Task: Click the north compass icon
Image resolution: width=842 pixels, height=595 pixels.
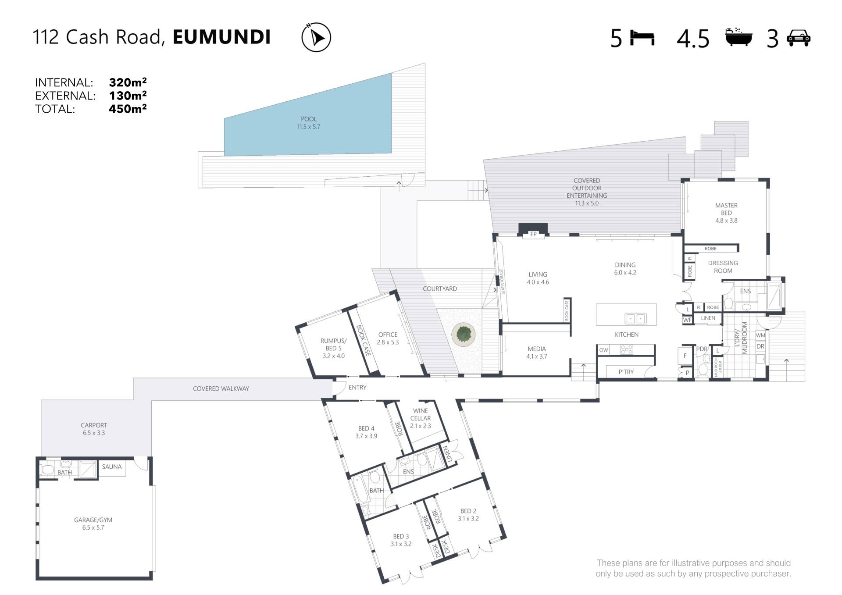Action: coord(316,37)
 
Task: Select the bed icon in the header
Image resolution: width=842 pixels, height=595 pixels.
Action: coord(642,38)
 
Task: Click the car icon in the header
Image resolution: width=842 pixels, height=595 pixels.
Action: coord(799,38)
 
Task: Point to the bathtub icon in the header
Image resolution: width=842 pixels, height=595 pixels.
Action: coord(739,37)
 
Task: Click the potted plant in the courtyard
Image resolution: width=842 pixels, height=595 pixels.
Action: coord(464,335)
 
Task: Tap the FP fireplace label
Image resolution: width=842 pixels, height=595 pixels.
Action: coord(533,234)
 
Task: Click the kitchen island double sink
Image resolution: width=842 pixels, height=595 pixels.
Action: coord(635,318)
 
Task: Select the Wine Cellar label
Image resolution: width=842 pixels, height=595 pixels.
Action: coord(421,418)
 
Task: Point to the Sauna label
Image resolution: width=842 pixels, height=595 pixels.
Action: coord(112,467)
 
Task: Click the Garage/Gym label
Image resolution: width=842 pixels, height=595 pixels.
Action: coord(93,524)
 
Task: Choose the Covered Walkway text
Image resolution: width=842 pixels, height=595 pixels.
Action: coord(221,388)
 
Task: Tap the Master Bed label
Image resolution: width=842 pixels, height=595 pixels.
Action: coord(726,213)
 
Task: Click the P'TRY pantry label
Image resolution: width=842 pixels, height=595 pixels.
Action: coord(626,372)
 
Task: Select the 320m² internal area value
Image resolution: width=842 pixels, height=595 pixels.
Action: coord(128,82)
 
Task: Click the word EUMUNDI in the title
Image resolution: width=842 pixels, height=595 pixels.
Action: coord(222,37)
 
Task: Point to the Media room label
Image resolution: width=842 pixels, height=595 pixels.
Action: coord(537,353)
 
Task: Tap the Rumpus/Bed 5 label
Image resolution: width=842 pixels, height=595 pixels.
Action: coord(333,348)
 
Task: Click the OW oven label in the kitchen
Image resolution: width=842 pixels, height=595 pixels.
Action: coord(604,350)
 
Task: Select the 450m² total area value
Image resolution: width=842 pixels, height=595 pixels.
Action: coord(128,108)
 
